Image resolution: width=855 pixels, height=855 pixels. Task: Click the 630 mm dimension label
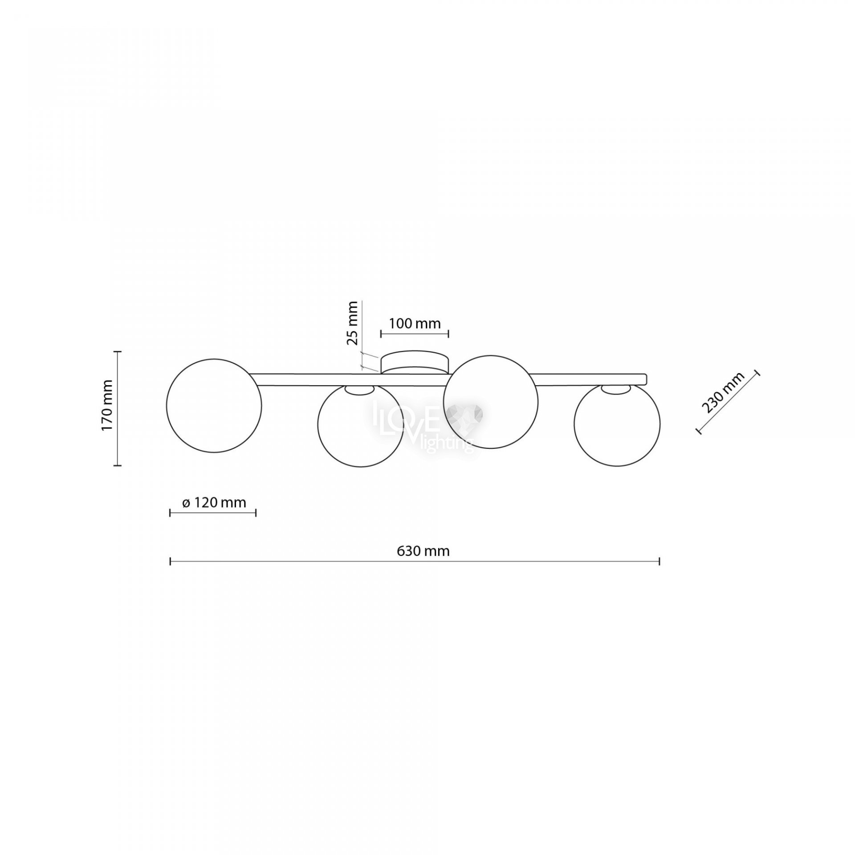(x=423, y=551)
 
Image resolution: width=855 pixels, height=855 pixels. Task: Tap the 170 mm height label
(x=107, y=404)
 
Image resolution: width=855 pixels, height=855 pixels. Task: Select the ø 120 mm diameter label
(x=214, y=503)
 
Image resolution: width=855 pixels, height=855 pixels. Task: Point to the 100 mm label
(x=415, y=323)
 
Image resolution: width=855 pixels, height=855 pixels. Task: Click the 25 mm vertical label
(x=352, y=323)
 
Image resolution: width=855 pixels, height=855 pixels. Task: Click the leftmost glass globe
(x=214, y=405)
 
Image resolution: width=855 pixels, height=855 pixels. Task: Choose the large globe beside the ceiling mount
(x=491, y=402)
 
